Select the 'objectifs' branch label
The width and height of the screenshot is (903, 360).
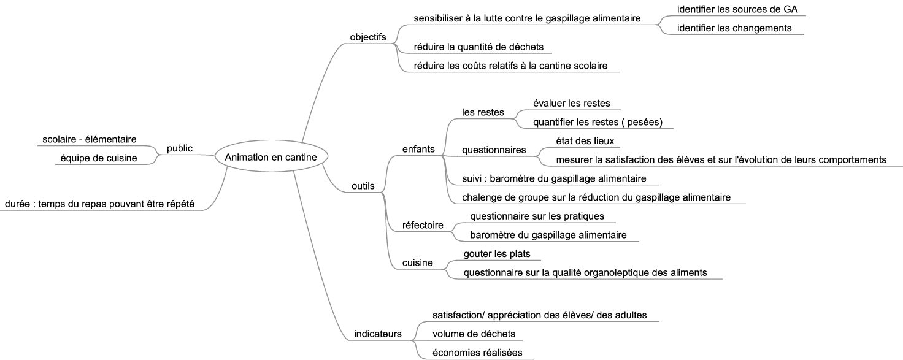[367, 37]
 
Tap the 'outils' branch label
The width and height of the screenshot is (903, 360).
[363, 186]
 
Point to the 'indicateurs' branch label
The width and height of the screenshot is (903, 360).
[378, 334]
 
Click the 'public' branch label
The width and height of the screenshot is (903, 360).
[180, 148]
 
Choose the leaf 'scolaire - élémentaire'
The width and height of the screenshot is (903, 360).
[90, 139]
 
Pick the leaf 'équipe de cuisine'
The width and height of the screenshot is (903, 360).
[99, 158]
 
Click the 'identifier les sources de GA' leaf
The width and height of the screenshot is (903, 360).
[737, 9]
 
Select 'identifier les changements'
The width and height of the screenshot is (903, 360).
[734, 28]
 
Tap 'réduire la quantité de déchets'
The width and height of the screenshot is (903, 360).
[478, 47]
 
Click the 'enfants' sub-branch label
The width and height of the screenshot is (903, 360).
[418, 149]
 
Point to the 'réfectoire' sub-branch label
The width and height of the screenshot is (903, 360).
[423, 225]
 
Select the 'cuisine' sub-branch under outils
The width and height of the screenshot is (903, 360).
[417, 263]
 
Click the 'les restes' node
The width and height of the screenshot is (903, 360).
[483, 112]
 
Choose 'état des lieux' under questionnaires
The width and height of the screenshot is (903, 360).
[585, 141]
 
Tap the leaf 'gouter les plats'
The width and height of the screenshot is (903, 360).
[497, 254]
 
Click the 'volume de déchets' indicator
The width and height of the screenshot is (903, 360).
[474, 334]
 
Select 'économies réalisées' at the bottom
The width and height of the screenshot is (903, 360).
[477, 353]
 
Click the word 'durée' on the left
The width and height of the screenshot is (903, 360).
[17, 204]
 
